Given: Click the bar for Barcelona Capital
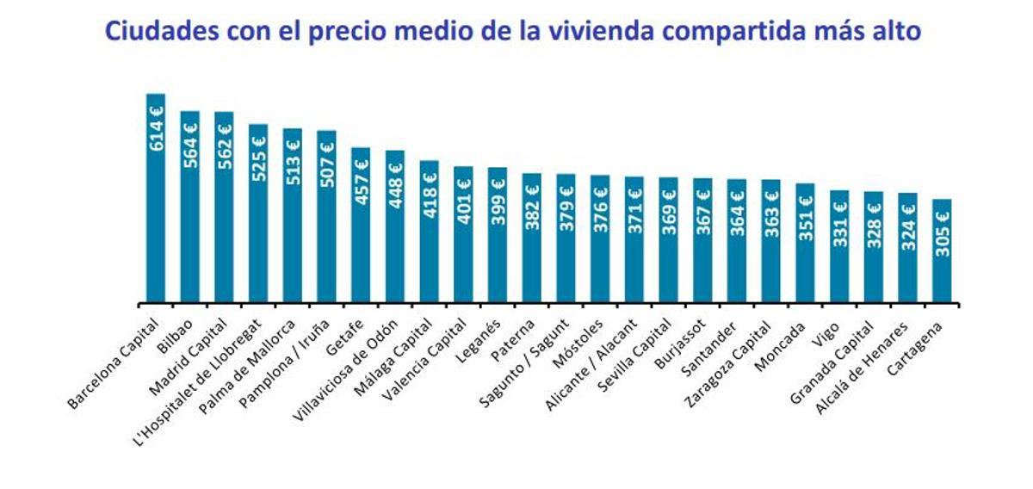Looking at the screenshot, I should [156, 198].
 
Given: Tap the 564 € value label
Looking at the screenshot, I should [190, 144].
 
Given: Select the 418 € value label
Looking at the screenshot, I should [430, 194].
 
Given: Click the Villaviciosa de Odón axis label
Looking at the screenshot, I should [345, 369].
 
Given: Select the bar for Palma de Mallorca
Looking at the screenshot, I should [293, 216].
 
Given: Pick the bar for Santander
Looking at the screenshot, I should [737, 241].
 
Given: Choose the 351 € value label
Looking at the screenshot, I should [805, 216].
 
